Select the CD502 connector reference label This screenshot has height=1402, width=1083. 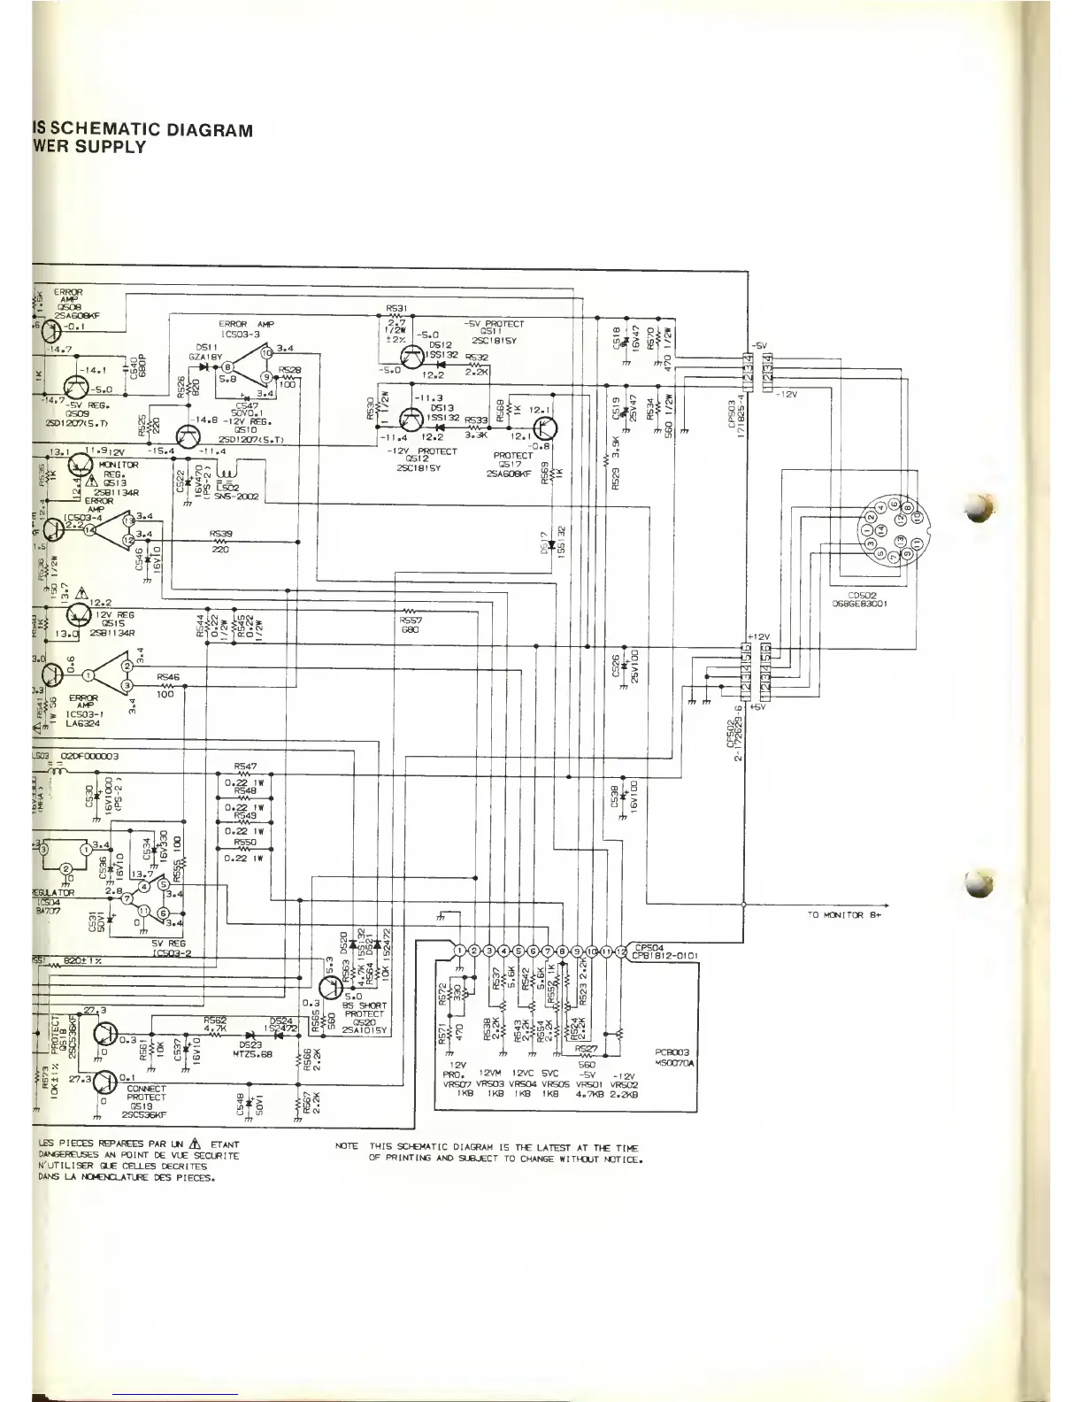860,595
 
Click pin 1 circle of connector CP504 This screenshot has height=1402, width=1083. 459,951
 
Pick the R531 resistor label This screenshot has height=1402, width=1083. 396,308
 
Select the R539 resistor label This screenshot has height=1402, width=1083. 221,534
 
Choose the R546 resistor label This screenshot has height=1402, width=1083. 168,677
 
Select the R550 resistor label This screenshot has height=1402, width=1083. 245,843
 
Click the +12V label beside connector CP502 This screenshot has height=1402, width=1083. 759,636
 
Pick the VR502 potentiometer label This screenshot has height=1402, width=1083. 625,1084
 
